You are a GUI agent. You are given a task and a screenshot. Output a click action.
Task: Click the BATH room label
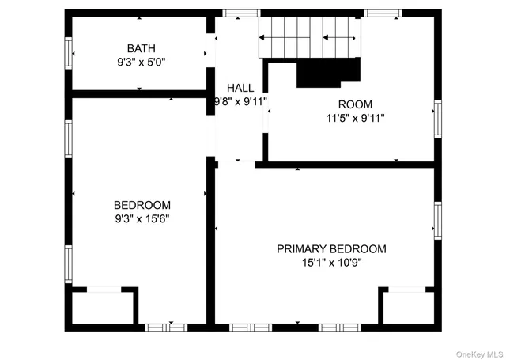141,47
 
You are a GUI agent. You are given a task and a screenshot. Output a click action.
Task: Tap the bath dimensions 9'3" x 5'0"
141,61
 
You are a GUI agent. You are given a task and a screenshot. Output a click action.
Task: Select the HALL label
240,88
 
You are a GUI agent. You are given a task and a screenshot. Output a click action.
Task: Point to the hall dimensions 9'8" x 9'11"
240,101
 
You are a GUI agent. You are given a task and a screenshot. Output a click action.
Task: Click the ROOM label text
355,104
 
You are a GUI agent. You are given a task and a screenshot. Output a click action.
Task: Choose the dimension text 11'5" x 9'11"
355,118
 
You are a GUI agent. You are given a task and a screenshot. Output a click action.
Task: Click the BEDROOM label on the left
142,205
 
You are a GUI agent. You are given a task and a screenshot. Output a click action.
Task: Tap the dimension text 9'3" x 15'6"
142,218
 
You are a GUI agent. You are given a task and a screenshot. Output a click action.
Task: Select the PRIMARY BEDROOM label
331,249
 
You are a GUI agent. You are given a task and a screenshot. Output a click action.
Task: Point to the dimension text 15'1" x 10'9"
331,263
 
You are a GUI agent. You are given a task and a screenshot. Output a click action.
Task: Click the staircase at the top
309,37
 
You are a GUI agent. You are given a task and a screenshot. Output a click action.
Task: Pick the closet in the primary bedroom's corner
408,307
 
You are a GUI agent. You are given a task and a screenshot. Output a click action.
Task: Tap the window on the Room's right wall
437,119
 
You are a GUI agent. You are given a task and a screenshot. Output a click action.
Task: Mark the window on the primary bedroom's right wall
437,219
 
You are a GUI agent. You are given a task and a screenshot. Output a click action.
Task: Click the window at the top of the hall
236,13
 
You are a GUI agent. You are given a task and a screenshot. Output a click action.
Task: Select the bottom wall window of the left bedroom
166,327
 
